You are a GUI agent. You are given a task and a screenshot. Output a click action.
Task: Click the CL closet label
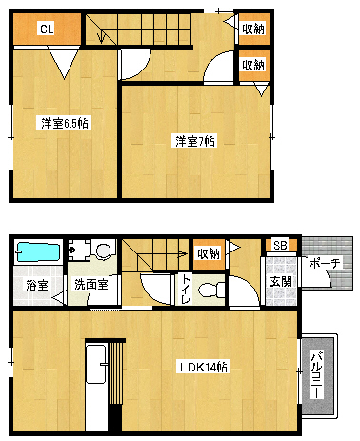47,29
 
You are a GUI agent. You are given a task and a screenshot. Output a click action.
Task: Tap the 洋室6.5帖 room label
65,123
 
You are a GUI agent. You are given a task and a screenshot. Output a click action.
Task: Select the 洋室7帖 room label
195,141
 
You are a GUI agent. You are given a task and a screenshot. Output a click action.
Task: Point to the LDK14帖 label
203,367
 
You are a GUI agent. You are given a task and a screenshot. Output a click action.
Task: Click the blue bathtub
38,252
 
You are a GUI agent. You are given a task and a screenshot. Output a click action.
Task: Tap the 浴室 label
37,285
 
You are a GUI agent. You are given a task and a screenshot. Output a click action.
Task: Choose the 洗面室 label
91,284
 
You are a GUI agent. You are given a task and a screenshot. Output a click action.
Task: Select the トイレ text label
186,289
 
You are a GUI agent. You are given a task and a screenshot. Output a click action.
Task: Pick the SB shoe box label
280,245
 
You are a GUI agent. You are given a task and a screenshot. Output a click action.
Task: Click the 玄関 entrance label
281,281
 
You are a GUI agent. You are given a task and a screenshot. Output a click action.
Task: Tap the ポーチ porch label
325,263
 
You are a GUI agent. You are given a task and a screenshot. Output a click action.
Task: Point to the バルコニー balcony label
317,374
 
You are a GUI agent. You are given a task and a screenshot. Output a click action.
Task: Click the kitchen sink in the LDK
95,364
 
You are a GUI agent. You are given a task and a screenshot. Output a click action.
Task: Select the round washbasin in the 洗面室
103,251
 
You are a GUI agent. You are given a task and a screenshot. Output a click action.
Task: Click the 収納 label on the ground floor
209,254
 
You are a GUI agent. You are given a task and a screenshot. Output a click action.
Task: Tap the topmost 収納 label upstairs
253,30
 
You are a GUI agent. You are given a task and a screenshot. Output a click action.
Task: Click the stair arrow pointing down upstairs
101,36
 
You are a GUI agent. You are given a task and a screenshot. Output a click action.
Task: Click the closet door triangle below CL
64,62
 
